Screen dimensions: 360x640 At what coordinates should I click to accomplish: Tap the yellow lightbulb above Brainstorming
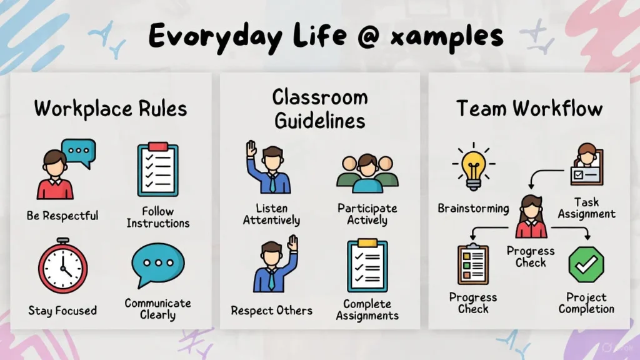coord(473,166)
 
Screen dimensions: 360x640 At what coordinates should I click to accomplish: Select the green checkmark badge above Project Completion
coord(586,265)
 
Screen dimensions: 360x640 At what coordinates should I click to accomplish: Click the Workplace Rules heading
coord(111,108)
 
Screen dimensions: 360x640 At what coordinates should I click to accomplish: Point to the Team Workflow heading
coord(529,108)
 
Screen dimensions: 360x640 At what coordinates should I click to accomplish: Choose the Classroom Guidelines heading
coord(319,108)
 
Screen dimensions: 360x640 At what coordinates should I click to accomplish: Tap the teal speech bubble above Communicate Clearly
coord(158,264)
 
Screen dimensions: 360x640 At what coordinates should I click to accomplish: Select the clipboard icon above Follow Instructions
coord(157,170)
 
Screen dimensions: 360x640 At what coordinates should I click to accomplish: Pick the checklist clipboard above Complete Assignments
coord(367,266)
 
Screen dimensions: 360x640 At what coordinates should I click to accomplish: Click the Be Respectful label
coord(62,216)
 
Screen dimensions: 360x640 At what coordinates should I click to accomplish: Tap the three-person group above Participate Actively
coord(367,173)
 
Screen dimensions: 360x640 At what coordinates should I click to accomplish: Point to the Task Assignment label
coord(586,208)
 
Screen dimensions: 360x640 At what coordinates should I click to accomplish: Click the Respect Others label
coord(272,310)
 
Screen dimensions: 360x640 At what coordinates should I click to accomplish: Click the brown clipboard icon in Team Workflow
coord(473,264)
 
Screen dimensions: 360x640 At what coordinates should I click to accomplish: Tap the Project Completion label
coord(586,303)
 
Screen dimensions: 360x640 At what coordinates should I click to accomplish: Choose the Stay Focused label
coord(62,310)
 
